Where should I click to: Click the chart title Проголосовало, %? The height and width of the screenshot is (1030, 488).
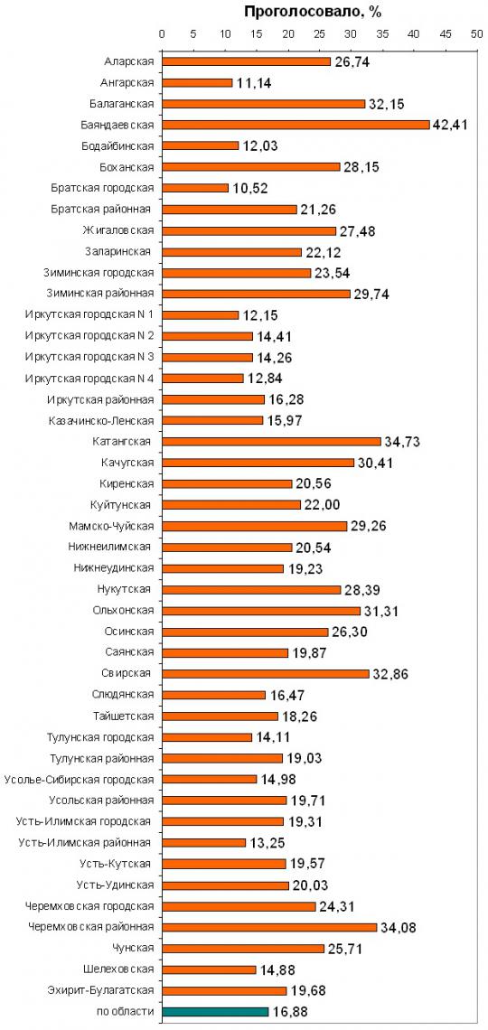point(313,12)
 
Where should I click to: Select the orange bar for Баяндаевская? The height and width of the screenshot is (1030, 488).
point(296,125)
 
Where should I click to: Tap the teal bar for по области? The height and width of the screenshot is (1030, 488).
point(215,1012)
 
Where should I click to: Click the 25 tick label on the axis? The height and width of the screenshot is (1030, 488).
point(319,34)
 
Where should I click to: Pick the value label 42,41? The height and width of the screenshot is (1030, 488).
point(450,125)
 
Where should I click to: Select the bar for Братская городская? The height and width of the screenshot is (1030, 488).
point(195,188)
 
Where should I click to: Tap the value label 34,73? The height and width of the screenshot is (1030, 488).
point(401,442)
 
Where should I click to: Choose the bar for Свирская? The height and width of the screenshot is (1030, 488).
point(266,674)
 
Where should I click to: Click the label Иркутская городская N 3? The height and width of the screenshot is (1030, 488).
point(89,357)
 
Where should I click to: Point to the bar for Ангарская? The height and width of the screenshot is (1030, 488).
point(197,83)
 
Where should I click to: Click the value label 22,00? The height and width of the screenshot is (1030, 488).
point(321,505)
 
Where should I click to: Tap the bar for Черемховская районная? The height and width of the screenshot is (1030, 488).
point(269,928)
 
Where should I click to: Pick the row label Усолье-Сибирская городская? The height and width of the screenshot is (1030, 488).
point(79,780)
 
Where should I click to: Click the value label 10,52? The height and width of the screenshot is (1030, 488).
point(249,188)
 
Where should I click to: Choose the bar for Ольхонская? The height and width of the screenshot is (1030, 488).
point(261,611)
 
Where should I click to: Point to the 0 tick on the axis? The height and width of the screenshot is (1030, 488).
point(163,34)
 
